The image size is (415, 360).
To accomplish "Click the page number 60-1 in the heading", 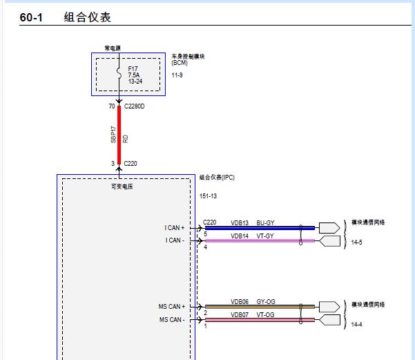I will [31, 17].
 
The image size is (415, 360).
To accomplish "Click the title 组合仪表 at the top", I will [87, 17].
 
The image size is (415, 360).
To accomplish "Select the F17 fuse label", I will [133, 69].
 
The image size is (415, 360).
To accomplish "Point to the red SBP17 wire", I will [119, 135].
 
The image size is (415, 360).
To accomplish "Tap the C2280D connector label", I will [135, 107].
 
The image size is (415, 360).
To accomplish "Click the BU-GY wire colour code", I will [265, 222].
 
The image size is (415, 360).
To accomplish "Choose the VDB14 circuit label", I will [240, 236].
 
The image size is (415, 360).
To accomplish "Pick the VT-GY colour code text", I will [265, 236].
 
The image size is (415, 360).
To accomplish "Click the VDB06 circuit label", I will [240, 301].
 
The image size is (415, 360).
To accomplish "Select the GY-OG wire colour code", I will [265, 301].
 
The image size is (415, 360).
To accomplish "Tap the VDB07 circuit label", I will [240, 314].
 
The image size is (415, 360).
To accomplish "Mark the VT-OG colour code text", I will [265, 314].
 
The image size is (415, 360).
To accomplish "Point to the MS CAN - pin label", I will [172, 320].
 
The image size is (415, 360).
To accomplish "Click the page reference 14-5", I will [357, 243].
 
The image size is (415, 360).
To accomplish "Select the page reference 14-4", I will [357, 323].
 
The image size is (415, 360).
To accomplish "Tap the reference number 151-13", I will [208, 196].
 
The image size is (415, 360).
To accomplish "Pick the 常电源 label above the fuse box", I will [112, 48].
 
